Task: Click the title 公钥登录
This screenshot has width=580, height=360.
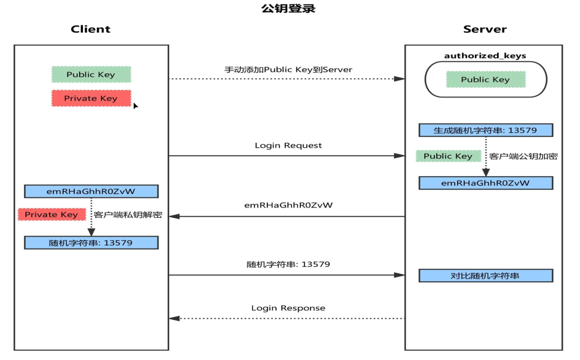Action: [x=288, y=9]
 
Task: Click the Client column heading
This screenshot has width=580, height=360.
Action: [x=91, y=29]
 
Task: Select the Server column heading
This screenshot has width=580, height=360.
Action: [x=485, y=29]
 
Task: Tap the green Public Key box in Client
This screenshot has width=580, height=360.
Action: [x=91, y=74]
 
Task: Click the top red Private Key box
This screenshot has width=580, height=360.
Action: [x=91, y=98]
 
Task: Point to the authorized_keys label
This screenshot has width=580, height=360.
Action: [x=485, y=56]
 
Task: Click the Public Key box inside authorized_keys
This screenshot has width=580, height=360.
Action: [x=485, y=80]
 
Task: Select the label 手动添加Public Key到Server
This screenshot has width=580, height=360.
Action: [x=288, y=70]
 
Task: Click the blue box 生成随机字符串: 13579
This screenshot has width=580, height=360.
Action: [x=486, y=130]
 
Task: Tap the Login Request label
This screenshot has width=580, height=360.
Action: [x=288, y=146]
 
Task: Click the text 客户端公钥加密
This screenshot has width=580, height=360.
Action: [x=523, y=156]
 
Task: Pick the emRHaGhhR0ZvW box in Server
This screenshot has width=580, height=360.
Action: [x=486, y=183]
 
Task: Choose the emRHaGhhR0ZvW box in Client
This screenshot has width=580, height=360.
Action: [x=91, y=191]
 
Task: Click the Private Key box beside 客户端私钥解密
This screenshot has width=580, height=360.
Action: [x=52, y=214]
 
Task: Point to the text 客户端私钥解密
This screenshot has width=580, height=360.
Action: [x=128, y=214]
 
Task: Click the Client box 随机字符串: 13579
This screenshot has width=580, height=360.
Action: [x=91, y=243]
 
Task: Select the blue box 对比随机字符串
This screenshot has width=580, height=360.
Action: [x=486, y=276]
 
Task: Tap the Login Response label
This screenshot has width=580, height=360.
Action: [x=288, y=308]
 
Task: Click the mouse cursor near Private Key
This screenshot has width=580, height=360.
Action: [x=135, y=106]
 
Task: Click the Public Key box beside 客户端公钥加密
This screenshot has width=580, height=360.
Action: [x=448, y=156]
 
